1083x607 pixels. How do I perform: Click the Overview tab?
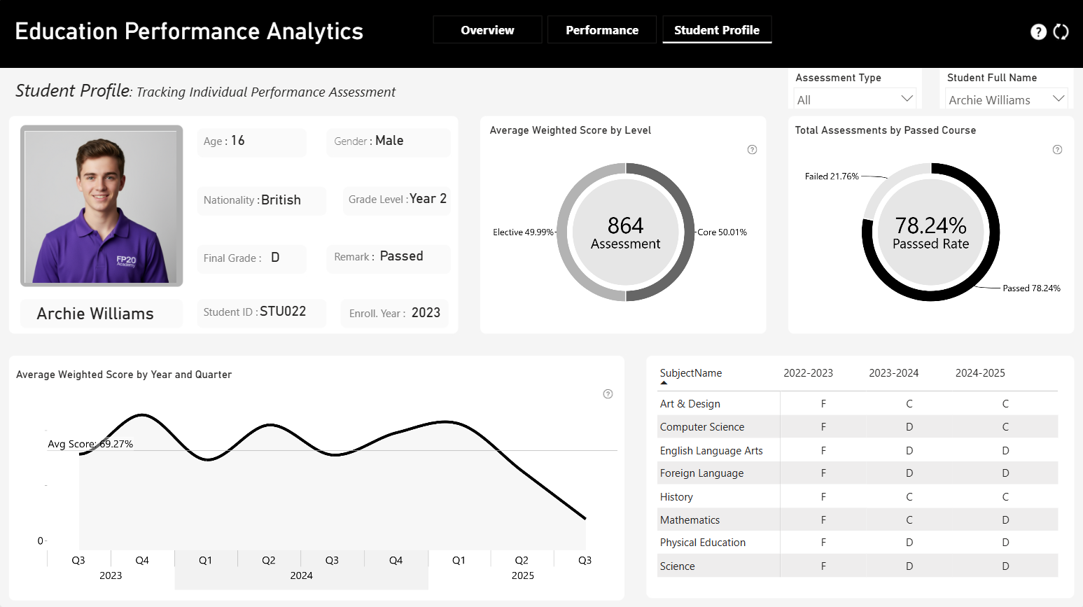487,30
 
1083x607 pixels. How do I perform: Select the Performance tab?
602,30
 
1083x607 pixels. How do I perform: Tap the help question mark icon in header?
1038,32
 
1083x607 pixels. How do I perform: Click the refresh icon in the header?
1061,32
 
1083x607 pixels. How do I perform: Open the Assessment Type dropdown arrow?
907,99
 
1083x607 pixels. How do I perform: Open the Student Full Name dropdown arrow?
1058,99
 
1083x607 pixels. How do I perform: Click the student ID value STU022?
283,312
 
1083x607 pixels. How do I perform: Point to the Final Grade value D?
275,258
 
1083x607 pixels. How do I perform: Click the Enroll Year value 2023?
426,313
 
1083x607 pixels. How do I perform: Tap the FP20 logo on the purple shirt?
126,261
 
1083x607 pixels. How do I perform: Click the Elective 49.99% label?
523,232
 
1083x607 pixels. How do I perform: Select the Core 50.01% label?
722,232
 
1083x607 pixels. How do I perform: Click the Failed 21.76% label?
832,176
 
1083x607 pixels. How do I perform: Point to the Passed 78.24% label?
1031,288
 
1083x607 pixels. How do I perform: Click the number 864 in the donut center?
625,225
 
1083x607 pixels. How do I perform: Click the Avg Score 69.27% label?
90,444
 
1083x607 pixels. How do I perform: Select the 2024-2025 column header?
980,373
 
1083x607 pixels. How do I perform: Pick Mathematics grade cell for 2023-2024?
909,520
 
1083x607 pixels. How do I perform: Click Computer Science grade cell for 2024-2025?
1005,426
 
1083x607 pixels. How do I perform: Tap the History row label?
676,496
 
